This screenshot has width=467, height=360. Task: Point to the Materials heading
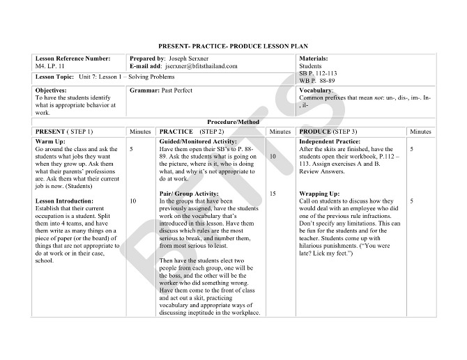pos(313,59)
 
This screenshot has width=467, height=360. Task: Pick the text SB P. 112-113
pos(318,73)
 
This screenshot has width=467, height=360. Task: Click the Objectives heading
pos(51,91)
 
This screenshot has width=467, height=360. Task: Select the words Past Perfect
pos(176,91)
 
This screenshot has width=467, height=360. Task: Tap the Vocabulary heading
pos(316,91)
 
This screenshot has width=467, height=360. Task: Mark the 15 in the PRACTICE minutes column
pos(272,193)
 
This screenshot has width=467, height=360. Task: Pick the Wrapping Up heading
pos(319,193)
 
